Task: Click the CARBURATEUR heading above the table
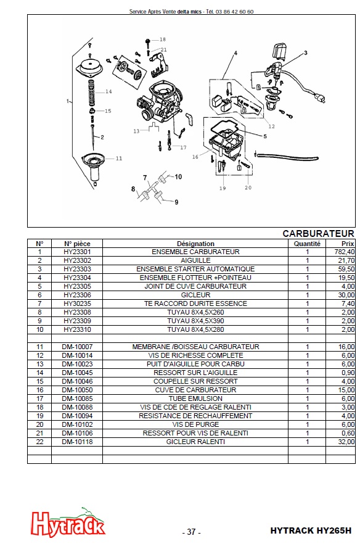coord(318,234)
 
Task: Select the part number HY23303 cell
coord(77,269)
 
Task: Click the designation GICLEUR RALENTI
coord(195,442)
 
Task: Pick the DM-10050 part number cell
coord(77,390)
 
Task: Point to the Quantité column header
coord(307,244)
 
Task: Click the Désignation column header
coord(195,244)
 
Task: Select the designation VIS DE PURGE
coord(195,425)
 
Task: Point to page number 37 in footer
coord(191,532)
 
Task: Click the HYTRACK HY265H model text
coord(311,530)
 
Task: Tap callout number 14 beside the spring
coord(108,92)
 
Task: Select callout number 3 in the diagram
coord(305,53)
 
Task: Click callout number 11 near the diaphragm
coord(119,159)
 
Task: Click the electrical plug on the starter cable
coord(319,97)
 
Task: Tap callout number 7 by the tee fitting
coord(145,178)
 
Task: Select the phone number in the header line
coord(235,12)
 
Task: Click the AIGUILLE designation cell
coord(195,260)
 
